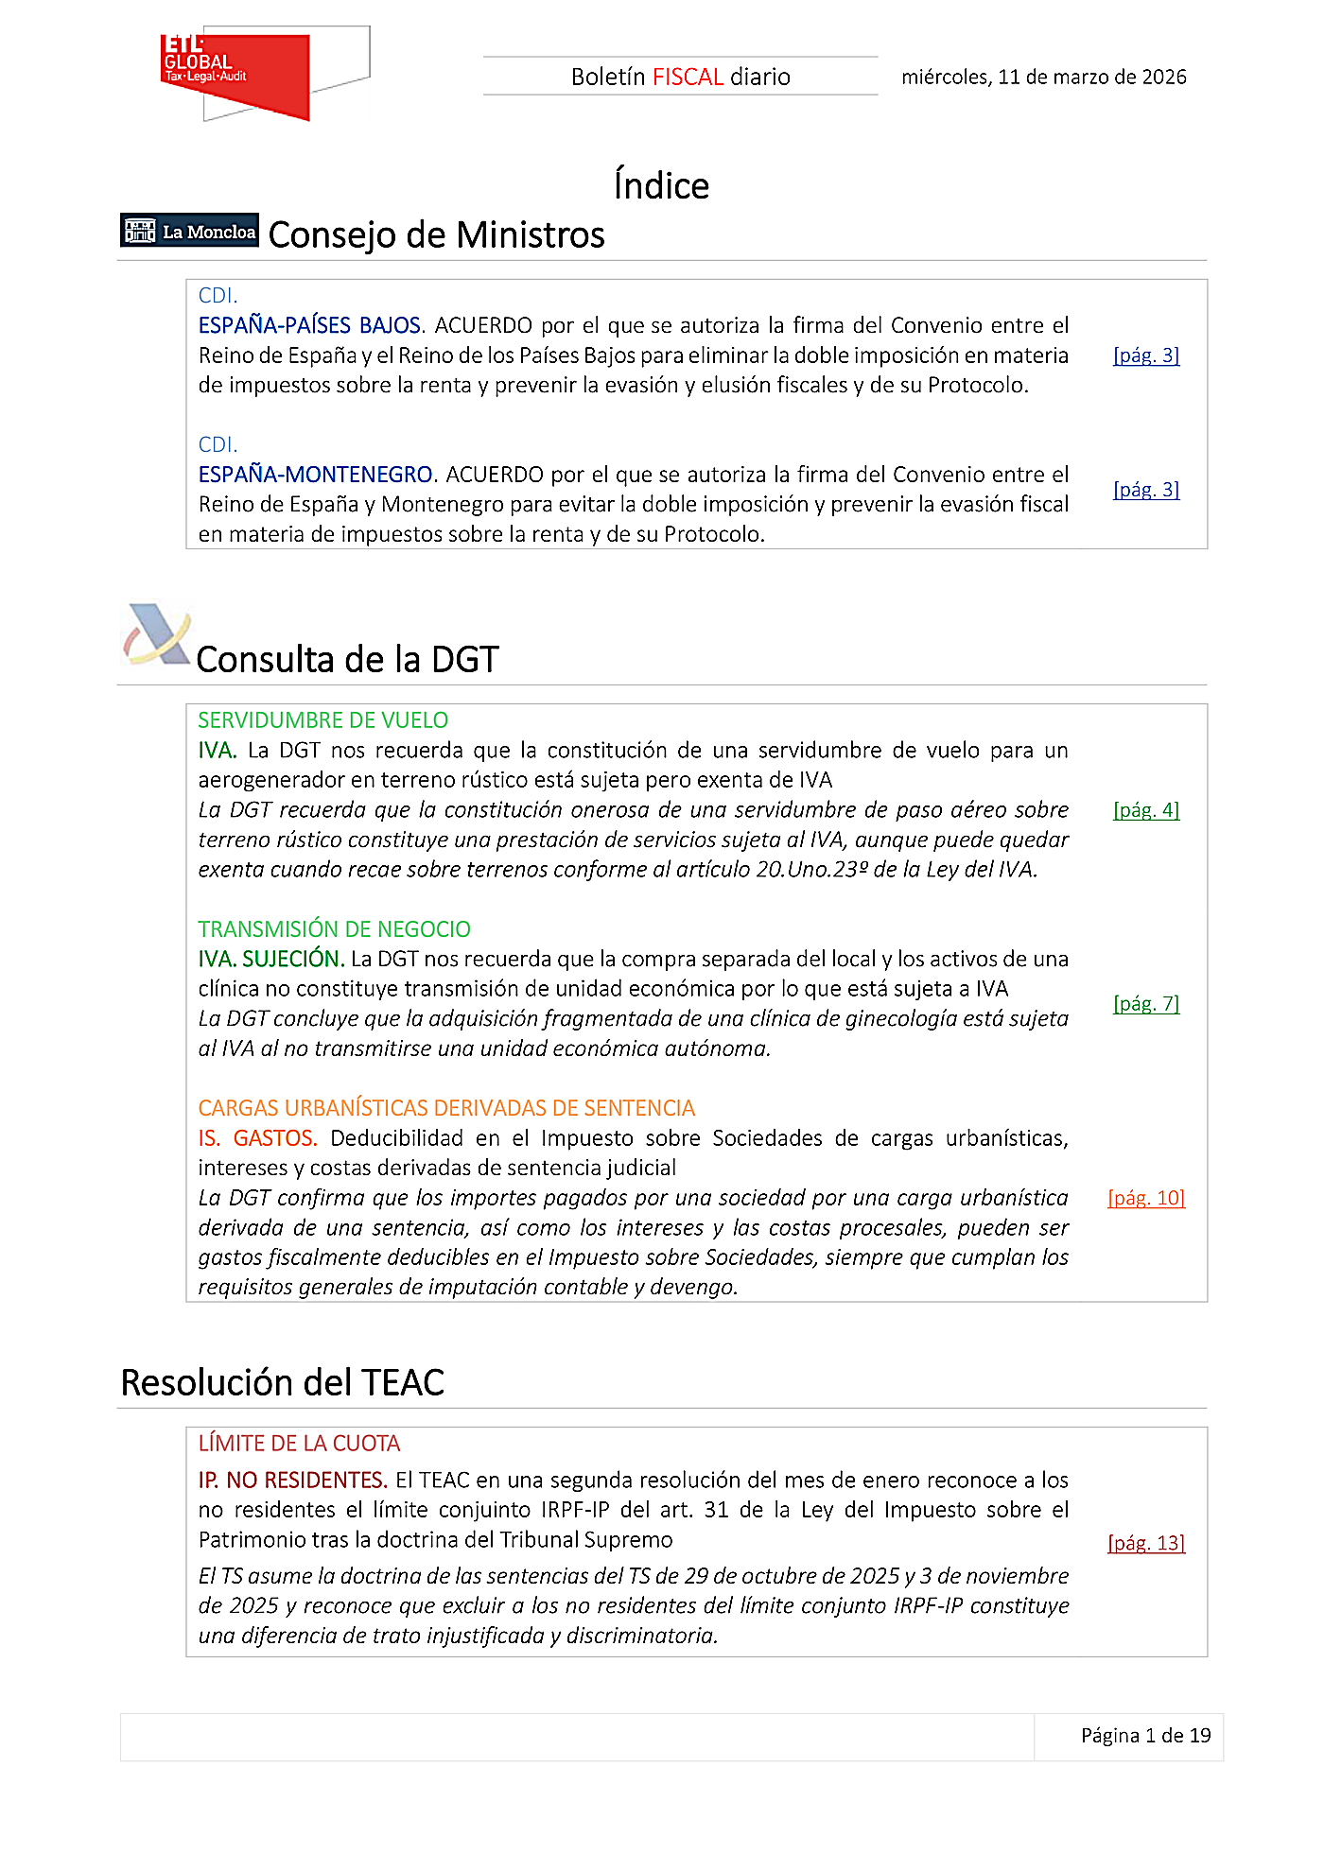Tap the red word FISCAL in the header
[688, 77]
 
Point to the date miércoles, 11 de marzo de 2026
[1043, 77]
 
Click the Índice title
[661, 185]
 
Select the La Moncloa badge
[190, 231]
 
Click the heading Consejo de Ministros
[436, 234]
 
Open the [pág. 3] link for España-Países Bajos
[1146, 355]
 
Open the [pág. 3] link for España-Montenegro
[1146, 490]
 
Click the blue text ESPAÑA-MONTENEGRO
[315, 475]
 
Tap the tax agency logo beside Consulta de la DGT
[157, 634]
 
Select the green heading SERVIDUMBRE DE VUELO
[322, 720]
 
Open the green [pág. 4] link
[1146, 810]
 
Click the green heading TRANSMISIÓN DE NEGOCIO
[334, 929]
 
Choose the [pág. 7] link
[1146, 1004]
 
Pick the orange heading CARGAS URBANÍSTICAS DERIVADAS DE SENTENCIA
[446, 1108]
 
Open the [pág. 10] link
[1146, 1198]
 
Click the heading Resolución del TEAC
[282, 1382]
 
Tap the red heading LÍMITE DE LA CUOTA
[299, 1444]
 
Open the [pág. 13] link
[1146, 1543]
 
